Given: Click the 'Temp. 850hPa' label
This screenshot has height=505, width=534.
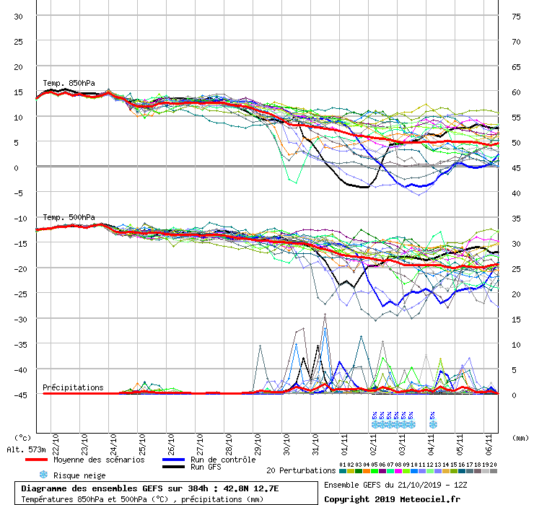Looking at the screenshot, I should click(69, 83).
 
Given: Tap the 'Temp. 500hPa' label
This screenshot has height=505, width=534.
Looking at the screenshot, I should click(69, 217).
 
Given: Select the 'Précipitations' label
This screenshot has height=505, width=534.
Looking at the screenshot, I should click(73, 387).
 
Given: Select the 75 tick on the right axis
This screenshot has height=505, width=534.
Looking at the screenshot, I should click(516, 17).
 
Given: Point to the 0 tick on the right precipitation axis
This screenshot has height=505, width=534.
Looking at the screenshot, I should click(516, 395).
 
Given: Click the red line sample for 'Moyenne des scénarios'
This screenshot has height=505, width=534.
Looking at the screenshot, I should click(44, 460).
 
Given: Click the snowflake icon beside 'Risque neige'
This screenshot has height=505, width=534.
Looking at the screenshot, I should click(43, 475).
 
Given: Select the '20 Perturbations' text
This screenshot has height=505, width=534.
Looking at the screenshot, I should click(300, 470).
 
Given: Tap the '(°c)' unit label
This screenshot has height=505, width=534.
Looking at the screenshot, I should click(22, 437).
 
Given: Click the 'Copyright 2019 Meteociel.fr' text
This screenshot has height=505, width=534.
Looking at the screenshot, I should click(392, 499).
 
